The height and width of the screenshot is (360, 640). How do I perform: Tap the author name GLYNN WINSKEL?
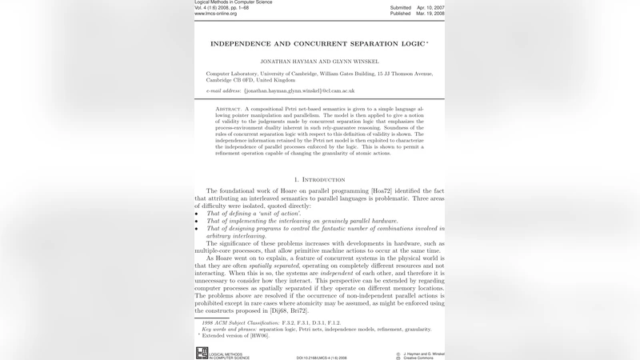tap(354, 61)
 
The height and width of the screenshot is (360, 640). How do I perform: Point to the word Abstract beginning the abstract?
tap(229, 108)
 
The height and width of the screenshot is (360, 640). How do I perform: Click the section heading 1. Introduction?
tap(319, 179)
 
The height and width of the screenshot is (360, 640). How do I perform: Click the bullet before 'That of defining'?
tap(197, 214)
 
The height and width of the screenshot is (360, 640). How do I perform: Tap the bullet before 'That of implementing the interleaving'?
tap(197, 221)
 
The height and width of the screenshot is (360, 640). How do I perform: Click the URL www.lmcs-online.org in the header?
tap(220, 14)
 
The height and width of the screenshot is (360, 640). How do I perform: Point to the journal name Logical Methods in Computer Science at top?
tap(233, 2)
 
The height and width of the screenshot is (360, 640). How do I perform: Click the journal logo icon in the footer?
tap(202, 353)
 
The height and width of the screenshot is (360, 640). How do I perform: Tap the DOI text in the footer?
tap(322, 358)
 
